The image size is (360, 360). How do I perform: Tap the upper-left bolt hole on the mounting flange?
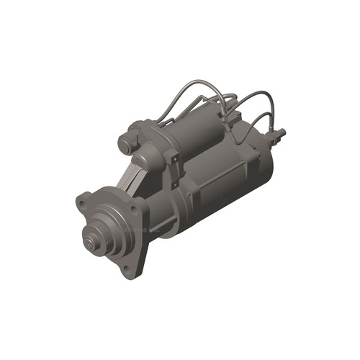(x=85, y=197)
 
